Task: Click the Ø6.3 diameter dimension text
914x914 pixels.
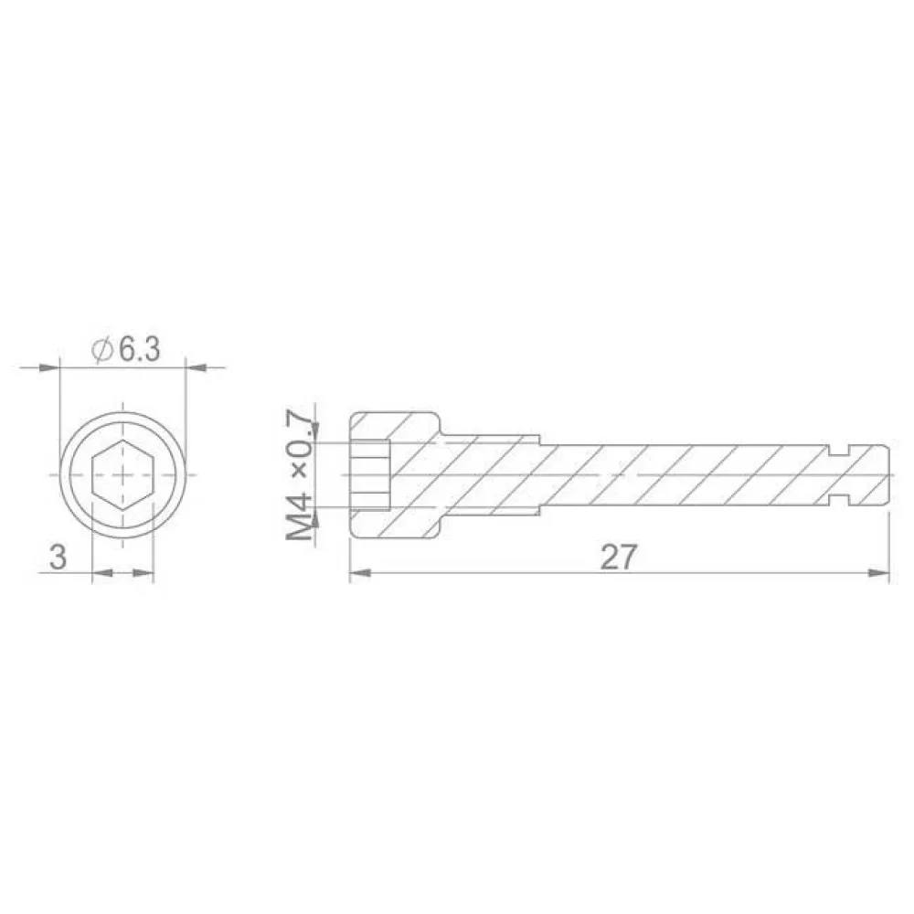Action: click(x=126, y=350)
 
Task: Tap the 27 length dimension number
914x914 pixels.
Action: click(x=619, y=558)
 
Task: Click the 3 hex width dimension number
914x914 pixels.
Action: click(x=58, y=557)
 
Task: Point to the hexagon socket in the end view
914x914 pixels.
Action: click(x=122, y=475)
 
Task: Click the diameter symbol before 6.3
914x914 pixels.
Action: click(x=102, y=350)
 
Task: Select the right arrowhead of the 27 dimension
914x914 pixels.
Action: click(x=879, y=573)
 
